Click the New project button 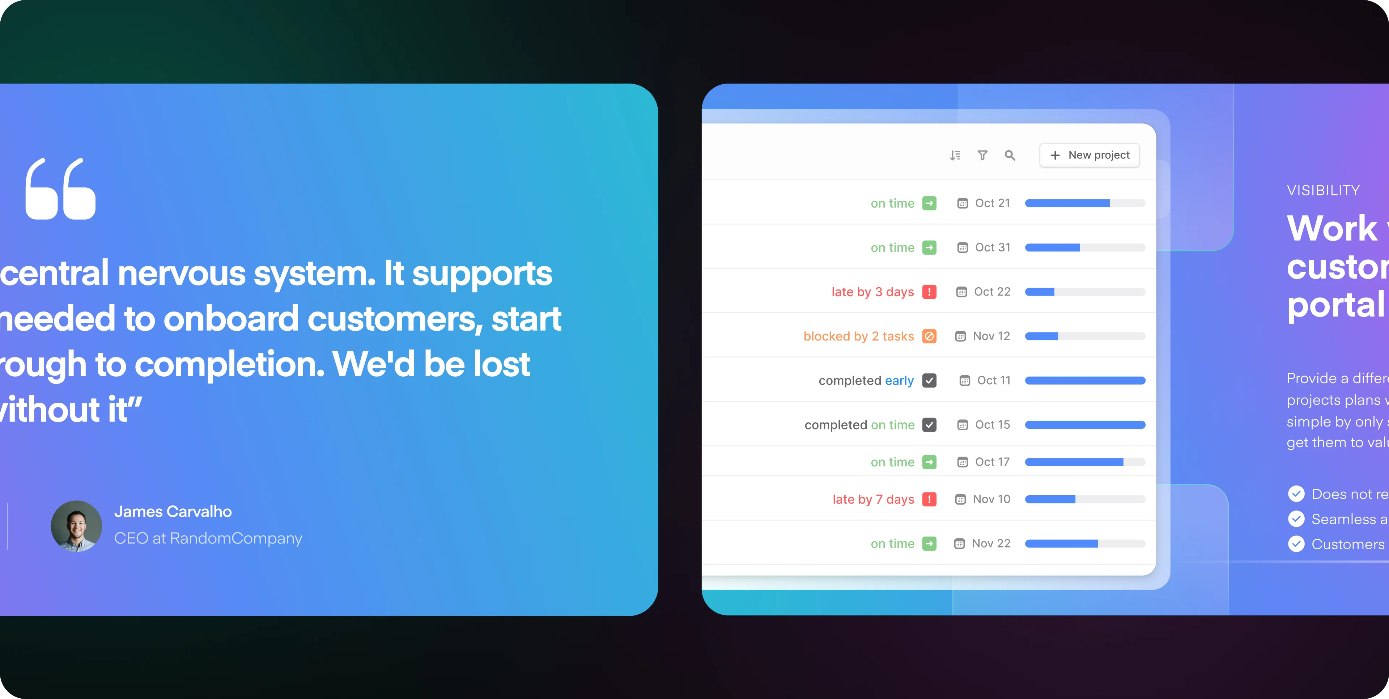click(x=1089, y=155)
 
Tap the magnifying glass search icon click(x=1010, y=155)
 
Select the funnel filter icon click(x=982, y=155)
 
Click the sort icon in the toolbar click(x=955, y=155)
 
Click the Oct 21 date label click(x=992, y=203)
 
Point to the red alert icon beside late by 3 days click(x=929, y=292)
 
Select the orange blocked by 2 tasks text click(x=858, y=336)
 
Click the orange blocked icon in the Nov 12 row click(x=929, y=336)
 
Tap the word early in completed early click(x=899, y=381)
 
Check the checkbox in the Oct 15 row click(x=929, y=425)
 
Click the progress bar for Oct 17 click(x=1085, y=462)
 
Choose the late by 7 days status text click(x=873, y=499)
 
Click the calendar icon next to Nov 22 click(x=959, y=544)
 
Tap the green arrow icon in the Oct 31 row click(x=929, y=247)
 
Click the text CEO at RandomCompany click(x=208, y=538)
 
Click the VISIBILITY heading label click(x=1323, y=190)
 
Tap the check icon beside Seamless click(x=1296, y=519)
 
